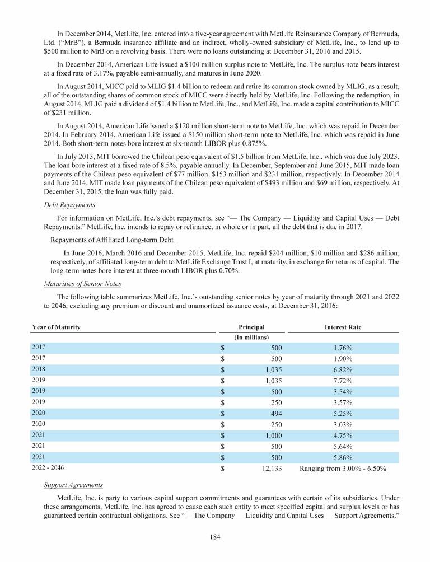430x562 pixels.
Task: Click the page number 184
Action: (215, 537)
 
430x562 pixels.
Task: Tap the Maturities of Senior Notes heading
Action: (83, 283)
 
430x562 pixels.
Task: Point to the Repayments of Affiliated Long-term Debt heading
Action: (112, 241)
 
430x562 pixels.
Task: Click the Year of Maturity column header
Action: (56, 327)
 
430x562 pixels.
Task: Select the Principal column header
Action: (251, 327)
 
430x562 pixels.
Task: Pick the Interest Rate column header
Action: (343, 327)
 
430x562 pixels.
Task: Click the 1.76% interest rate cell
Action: (343, 348)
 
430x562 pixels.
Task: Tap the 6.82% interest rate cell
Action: (343, 370)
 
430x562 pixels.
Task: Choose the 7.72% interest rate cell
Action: (343, 381)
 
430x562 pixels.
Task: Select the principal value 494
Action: (274, 413)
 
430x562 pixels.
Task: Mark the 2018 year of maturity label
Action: (39, 370)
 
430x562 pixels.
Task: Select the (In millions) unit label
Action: (251, 337)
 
